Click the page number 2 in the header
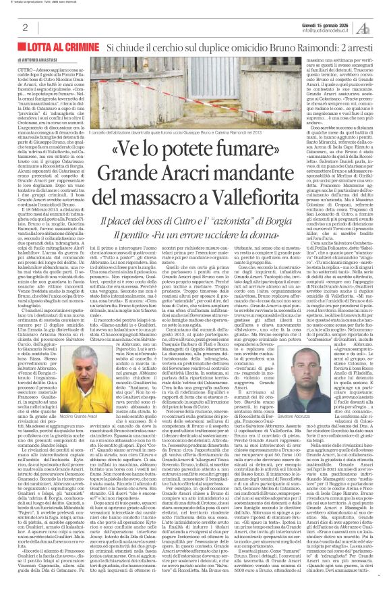coord(24,28)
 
